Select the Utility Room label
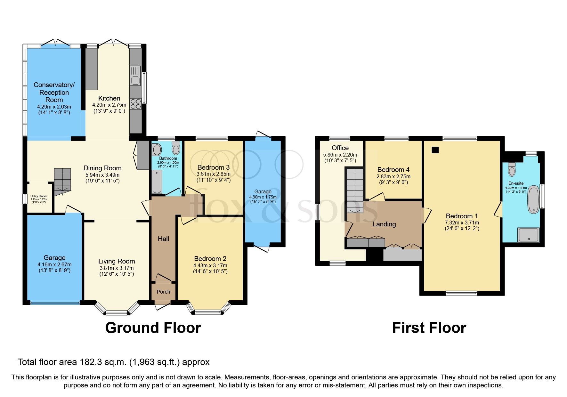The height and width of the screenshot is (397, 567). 39,196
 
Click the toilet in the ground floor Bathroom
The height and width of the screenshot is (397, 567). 176,148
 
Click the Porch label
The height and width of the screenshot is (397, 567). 163,292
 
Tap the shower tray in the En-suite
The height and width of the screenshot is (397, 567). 528,235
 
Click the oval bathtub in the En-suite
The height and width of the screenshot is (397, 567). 533,199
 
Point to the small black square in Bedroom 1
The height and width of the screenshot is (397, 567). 435,150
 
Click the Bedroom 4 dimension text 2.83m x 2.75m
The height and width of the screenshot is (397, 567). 393,176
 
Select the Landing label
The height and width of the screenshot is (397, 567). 384,224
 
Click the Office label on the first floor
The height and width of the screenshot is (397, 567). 340,148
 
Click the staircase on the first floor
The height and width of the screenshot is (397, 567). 355,189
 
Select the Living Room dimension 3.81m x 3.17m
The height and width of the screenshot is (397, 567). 117,268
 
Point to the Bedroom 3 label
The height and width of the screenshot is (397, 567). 213,167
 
